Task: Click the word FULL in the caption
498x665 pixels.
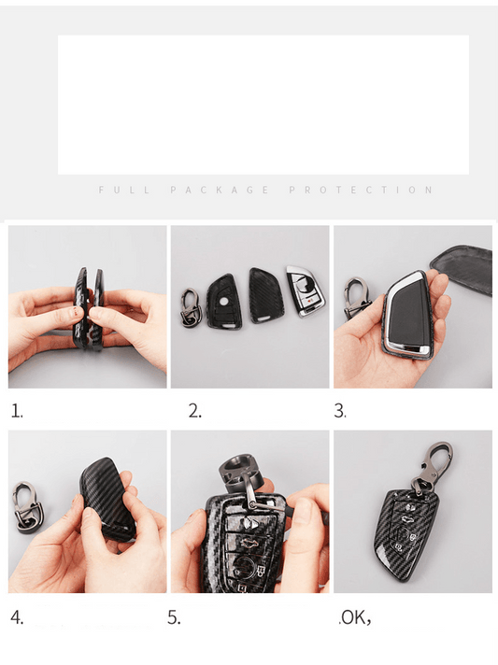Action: (124, 190)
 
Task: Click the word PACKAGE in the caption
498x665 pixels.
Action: (220, 190)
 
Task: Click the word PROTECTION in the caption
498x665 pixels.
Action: (361, 190)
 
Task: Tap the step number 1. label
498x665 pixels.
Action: (17, 411)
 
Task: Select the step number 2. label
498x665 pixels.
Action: (195, 411)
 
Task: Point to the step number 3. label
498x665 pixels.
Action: (340, 411)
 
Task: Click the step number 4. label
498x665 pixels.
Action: (17, 617)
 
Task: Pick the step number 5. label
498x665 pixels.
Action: (174, 617)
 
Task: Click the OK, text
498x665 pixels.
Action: (355, 618)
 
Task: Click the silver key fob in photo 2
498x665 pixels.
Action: (306, 290)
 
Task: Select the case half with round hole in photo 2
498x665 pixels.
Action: (223, 302)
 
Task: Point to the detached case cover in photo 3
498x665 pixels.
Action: (462, 268)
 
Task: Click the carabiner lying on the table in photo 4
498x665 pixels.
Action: (29, 509)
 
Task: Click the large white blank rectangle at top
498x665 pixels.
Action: (263, 105)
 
